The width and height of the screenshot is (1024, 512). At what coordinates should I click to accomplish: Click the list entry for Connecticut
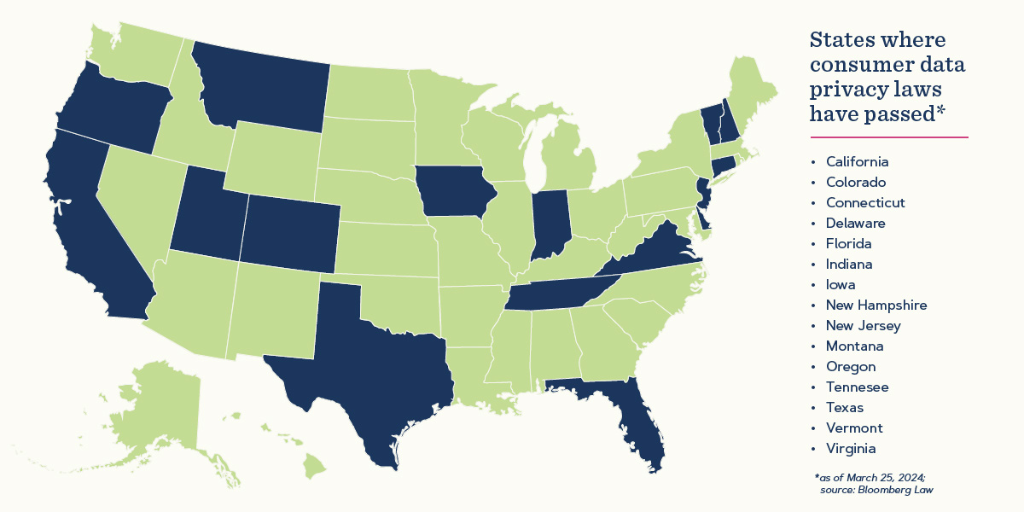(x=865, y=202)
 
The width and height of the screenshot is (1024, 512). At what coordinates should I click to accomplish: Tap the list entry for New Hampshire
(x=876, y=305)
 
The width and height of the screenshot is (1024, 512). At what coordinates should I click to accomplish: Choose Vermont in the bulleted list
(x=854, y=428)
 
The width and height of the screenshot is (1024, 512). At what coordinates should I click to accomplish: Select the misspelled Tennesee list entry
(x=857, y=387)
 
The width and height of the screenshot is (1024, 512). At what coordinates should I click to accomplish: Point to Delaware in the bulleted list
(x=855, y=223)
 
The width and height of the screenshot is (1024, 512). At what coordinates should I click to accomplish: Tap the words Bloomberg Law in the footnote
(x=910, y=490)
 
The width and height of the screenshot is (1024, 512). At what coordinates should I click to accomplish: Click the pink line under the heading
(x=888, y=137)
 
